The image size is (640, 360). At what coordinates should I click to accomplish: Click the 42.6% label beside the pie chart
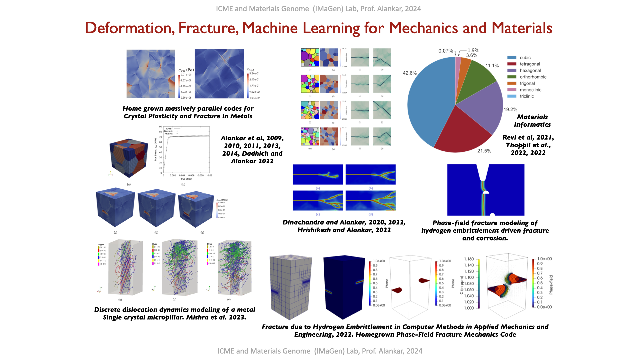point(410,73)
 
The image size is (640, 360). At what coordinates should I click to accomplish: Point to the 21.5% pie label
point(484,151)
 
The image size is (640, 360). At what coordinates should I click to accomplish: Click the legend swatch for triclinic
point(512,96)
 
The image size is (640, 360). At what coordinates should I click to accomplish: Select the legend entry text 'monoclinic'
point(530,90)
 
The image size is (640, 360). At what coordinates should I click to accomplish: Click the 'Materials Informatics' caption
point(532,121)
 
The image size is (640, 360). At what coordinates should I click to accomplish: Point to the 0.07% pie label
point(445,51)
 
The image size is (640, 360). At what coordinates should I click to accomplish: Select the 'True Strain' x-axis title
point(186,179)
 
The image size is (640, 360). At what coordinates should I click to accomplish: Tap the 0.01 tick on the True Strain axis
point(210,175)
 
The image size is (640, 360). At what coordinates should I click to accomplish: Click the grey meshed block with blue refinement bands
point(291,287)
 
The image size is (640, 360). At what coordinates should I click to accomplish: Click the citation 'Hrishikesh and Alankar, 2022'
point(344,230)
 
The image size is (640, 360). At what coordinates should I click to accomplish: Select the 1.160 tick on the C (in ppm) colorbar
point(469,259)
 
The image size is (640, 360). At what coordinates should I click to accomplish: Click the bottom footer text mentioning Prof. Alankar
point(320,351)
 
